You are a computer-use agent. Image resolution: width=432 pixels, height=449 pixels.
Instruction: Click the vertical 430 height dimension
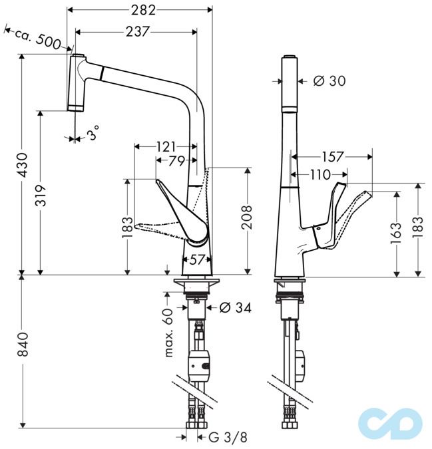pos(23,165)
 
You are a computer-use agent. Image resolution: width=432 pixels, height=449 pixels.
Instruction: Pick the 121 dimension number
pos(166,146)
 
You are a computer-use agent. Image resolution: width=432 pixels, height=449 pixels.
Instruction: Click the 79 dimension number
pos(176,160)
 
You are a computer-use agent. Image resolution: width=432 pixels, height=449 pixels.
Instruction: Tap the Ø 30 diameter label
pos(329,81)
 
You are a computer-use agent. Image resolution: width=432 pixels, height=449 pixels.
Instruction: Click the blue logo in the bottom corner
pos(389,420)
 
